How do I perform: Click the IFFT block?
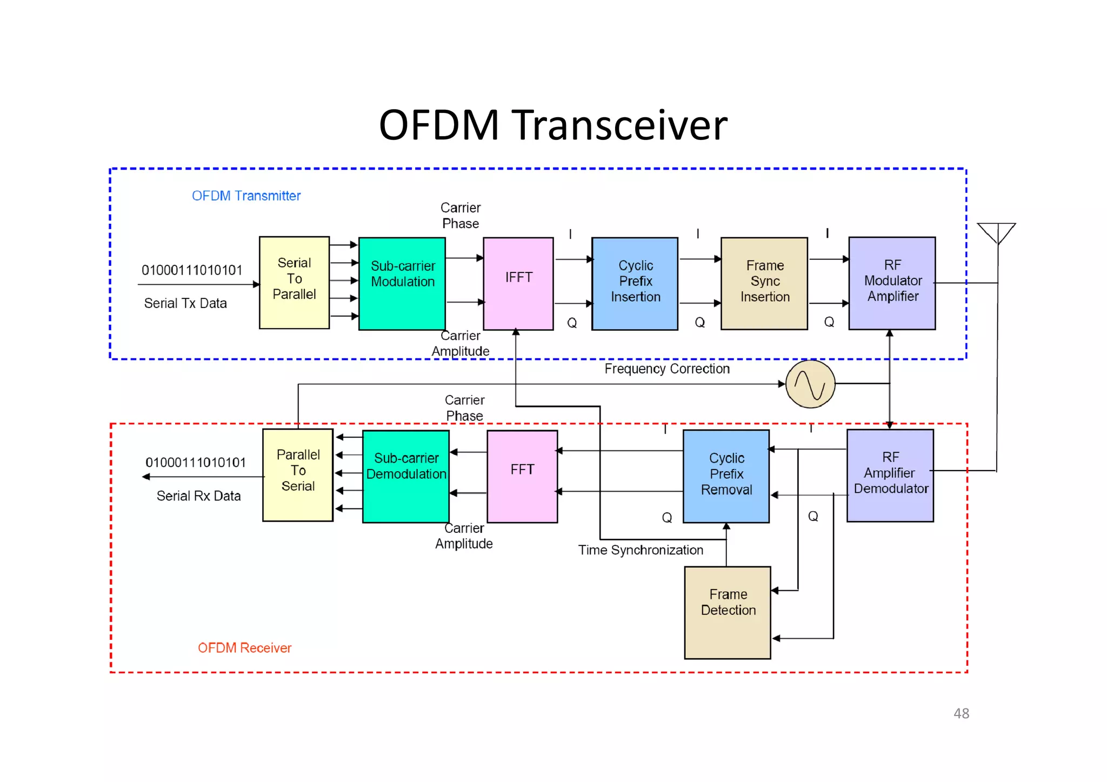518,283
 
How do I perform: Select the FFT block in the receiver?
522,476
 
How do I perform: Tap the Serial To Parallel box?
294,282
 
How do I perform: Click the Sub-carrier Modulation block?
402,283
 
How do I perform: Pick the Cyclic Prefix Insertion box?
635,283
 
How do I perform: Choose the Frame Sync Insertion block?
764,283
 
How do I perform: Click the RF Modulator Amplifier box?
892,283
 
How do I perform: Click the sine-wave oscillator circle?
810,384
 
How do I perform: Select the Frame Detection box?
727,612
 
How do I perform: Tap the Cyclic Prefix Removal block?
726,476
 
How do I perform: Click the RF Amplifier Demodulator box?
890,475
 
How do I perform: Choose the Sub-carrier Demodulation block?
405,476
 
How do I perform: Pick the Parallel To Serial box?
297,474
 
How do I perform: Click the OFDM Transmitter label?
246,196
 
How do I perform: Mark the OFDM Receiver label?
244,647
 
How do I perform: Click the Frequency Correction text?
666,369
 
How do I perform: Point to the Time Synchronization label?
641,550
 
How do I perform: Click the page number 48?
961,713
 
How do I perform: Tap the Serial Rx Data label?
198,496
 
